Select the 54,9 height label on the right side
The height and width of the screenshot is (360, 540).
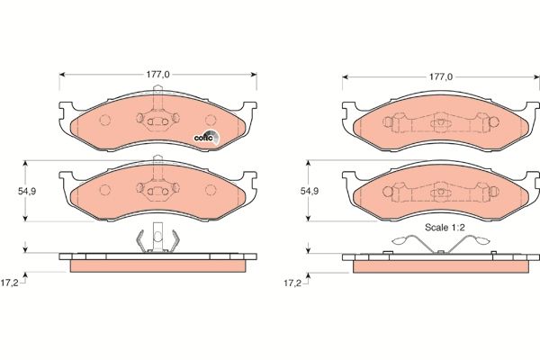(x=309, y=191)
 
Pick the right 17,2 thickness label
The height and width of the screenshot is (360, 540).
(x=292, y=282)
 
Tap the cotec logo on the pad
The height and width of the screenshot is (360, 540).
(x=206, y=137)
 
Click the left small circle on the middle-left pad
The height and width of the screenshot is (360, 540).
(x=105, y=190)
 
